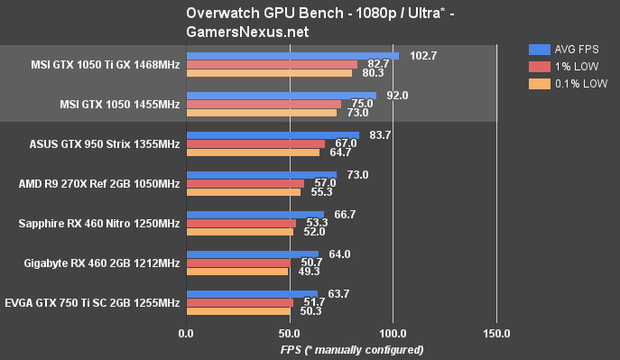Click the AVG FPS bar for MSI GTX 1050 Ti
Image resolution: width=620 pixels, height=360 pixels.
click(x=291, y=56)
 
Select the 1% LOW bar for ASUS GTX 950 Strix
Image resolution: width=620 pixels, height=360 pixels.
click(x=254, y=143)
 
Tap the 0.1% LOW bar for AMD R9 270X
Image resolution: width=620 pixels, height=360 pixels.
click(x=243, y=192)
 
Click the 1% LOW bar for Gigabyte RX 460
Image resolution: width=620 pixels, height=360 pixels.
click(x=238, y=263)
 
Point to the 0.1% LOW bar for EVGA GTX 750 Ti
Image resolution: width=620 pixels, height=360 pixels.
click(x=237, y=311)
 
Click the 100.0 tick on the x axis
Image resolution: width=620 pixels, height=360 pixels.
click(x=393, y=334)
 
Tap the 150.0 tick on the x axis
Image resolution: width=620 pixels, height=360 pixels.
click(x=496, y=334)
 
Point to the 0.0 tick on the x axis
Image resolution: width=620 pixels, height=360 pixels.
click(x=186, y=334)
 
